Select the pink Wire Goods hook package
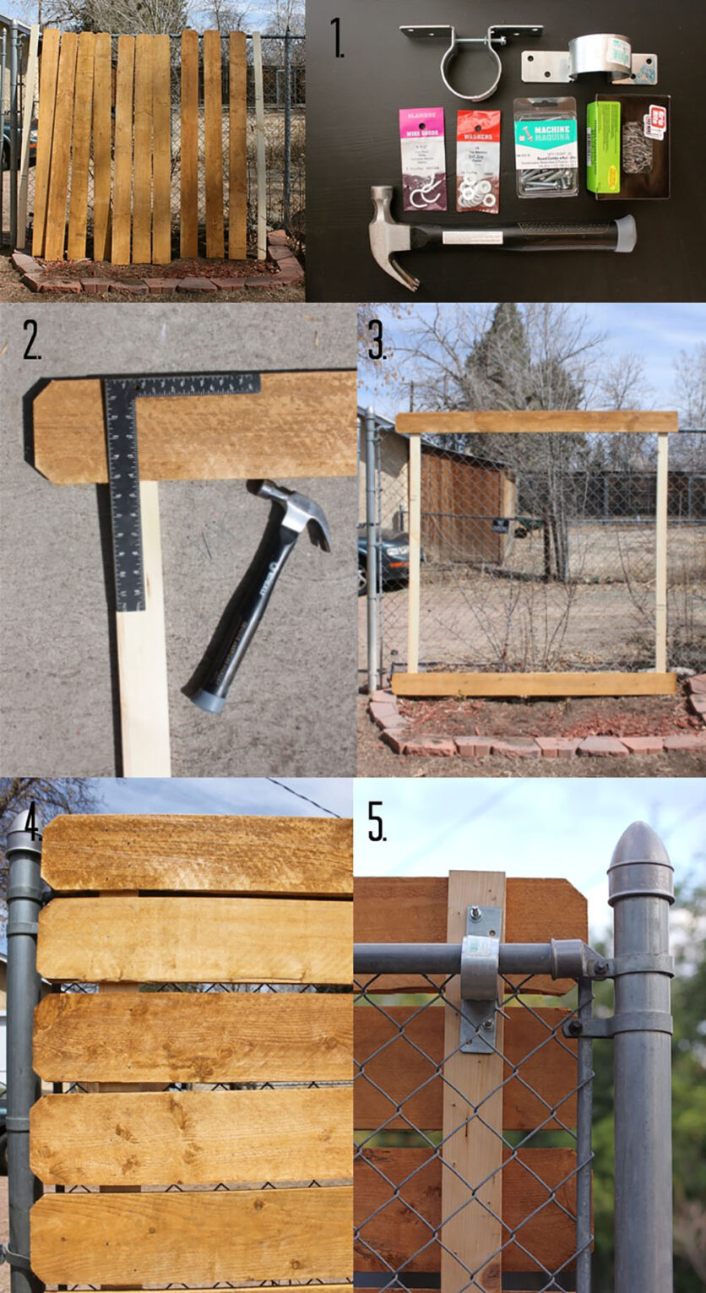click(x=422, y=159)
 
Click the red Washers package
click(x=478, y=160)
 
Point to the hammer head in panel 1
click(x=390, y=238)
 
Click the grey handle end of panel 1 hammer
click(x=624, y=233)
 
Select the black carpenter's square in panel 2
click(x=127, y=473)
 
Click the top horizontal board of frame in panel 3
click(x=535, y=422)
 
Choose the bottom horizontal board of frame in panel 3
click(x=534, y=683)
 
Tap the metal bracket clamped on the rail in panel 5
click(x=480, y=980)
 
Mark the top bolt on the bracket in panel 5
click(x=475, y=912)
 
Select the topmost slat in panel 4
click(x=197, y=853)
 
